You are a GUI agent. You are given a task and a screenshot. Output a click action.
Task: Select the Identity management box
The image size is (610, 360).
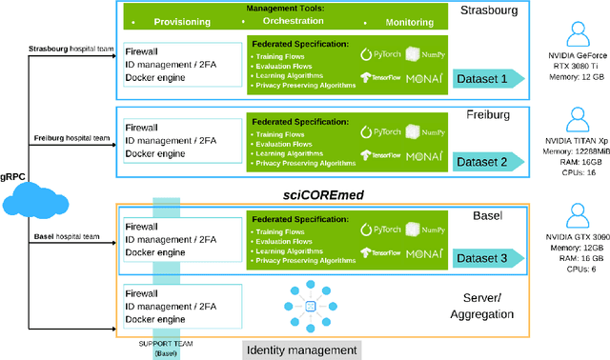pos(302,350)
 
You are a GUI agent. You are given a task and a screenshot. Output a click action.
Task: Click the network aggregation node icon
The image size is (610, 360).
pos(309,305)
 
